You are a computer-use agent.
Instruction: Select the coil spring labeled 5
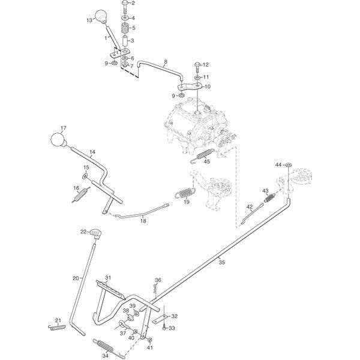click(125, 29)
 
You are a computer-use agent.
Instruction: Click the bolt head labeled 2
click(125, 3)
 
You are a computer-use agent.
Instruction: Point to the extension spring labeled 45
click(203, 155)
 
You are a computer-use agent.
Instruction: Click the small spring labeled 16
click(80, 194)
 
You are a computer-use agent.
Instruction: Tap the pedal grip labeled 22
click(95, 233)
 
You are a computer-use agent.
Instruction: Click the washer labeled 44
click(288, 165)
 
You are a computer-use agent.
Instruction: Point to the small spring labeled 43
click(269, 198)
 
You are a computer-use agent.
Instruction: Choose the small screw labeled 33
click(164, 328)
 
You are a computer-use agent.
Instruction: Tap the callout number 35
click(221, 262)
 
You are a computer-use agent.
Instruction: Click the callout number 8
click(166, 62)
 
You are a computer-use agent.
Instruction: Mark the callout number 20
click(76, 278)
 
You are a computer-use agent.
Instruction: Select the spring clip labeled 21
click(57, 328)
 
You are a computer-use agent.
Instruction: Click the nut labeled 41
click(150, 340)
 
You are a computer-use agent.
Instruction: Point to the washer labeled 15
click(85, 176)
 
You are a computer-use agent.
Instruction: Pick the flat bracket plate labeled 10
click(190, 86)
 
